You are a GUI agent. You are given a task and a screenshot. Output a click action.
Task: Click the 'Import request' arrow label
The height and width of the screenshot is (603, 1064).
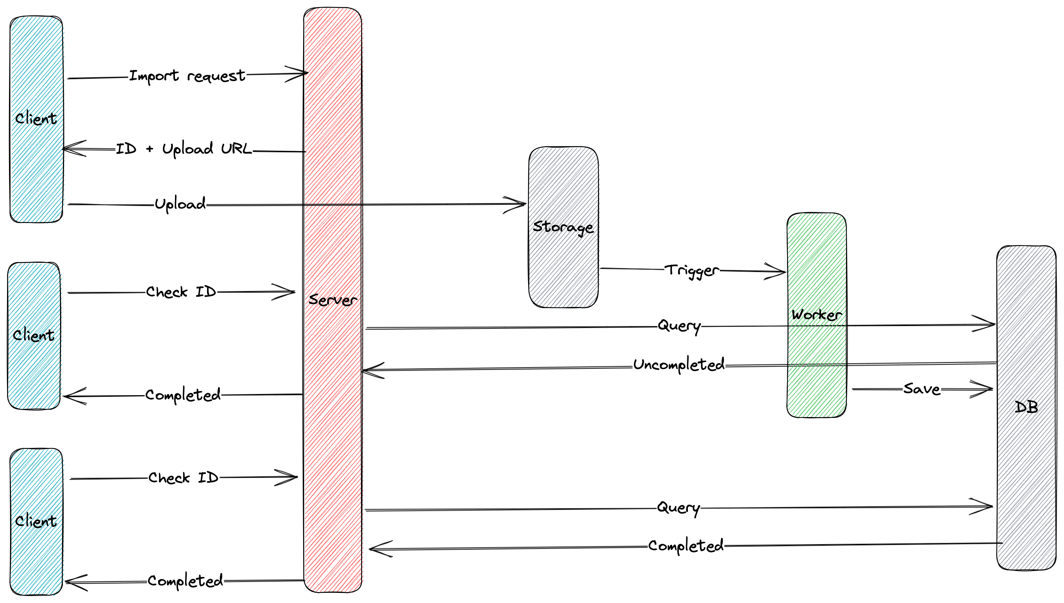pos(187,76)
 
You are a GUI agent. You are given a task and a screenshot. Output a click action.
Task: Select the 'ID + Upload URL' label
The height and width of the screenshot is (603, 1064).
pos(184,149)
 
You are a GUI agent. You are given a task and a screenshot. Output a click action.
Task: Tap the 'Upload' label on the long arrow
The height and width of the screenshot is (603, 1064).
pos(180,204)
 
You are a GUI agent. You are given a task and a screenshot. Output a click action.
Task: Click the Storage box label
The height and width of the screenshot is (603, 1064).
pos(563,227)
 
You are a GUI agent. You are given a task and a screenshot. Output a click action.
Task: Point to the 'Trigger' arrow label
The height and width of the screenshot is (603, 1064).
pos(692,270)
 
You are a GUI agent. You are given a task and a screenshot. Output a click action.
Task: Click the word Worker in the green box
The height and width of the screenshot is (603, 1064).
pos(816,315)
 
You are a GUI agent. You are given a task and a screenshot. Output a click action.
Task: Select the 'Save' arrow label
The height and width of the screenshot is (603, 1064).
pos(921,389)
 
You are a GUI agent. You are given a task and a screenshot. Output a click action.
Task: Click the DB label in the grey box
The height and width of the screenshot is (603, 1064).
pos(1027,407)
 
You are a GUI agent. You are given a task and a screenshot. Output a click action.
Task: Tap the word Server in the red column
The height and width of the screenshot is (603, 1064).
pos(332,300)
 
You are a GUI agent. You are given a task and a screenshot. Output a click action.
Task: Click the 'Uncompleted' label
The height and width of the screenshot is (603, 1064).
pos(679,365)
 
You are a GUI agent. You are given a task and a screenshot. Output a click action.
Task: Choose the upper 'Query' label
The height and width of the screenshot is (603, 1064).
pos(679,326)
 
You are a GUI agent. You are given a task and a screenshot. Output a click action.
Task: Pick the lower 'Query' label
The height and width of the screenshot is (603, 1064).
pos(678,508)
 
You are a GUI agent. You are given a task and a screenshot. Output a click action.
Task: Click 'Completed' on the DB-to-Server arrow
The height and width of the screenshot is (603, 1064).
pos(686,546)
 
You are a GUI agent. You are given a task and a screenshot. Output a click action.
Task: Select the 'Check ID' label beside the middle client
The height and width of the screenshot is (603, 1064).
pos(181,292)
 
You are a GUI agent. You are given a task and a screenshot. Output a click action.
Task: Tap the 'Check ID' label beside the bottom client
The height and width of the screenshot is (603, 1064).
pos(183,478)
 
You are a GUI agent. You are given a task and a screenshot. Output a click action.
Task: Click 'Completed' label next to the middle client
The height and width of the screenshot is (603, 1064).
pos(183,395)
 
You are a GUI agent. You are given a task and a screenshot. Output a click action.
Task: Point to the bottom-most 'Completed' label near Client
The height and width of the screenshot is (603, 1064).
pos(185,581)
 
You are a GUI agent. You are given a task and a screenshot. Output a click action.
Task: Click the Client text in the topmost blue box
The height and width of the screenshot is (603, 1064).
pos(36,119)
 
